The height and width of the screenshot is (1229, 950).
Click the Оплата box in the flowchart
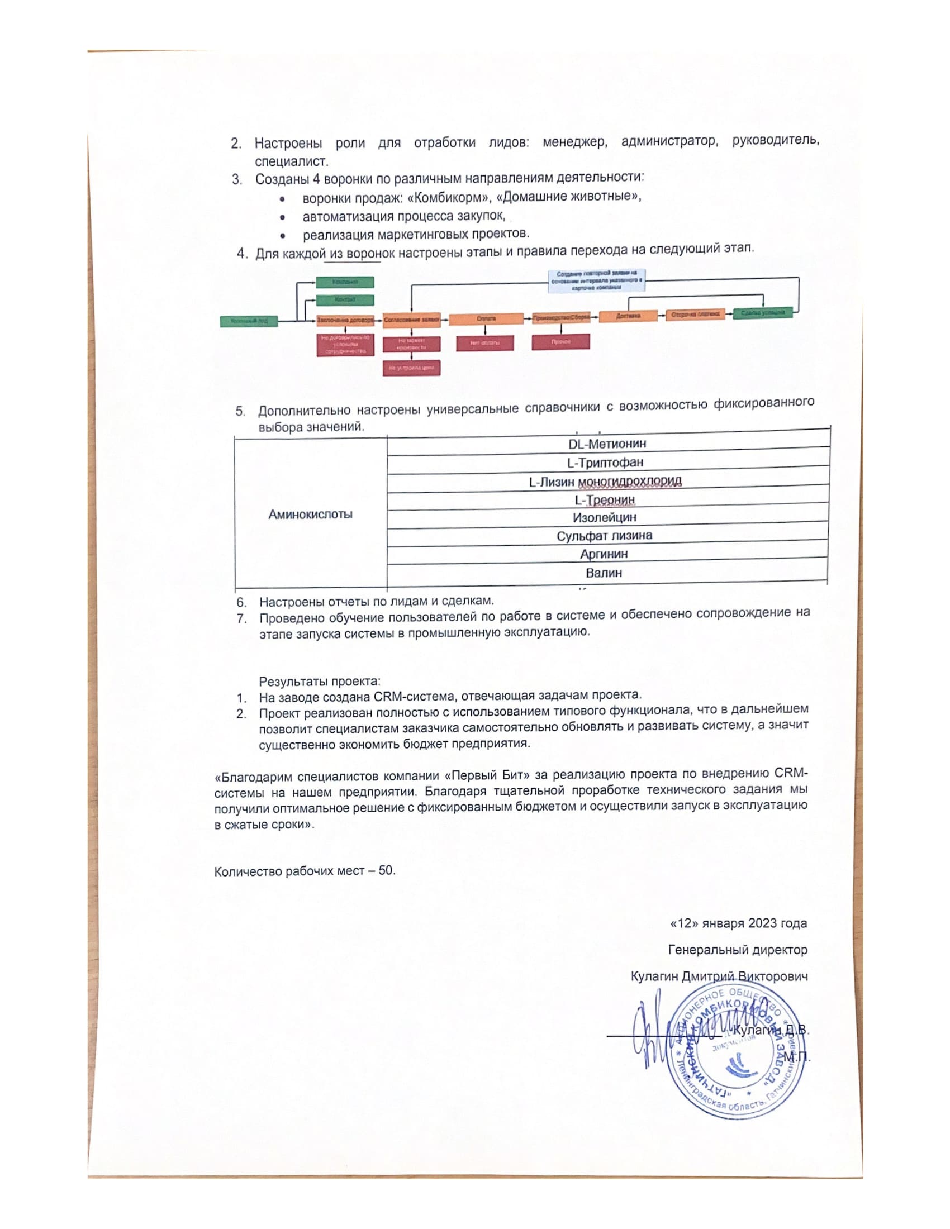click(x=486, y=319)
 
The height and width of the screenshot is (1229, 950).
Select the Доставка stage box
click(x=628, y=316)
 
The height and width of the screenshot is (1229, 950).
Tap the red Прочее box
click(x=560, y=341)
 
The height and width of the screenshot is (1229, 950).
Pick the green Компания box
click(x=344, y=282)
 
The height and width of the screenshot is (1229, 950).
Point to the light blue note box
click(x=597, y=280)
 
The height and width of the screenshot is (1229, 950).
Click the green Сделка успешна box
click(x=763, y=313)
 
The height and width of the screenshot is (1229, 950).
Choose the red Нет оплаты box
click(x=484, y=342)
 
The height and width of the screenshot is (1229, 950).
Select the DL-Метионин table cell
click(x=607, y=444)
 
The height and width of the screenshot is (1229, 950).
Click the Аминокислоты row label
click(x=310, y=515)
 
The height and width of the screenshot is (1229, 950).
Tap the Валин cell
click(x=604, y=573)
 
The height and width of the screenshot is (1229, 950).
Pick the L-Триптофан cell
click(x=605, y=463)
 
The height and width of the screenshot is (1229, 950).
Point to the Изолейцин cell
click(x=605, y=517)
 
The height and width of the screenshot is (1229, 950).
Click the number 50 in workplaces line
click(x=386, y=870)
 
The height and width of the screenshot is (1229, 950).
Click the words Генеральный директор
click(x=737, y=950)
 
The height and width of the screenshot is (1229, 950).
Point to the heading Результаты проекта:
click(x=320, y=682)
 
